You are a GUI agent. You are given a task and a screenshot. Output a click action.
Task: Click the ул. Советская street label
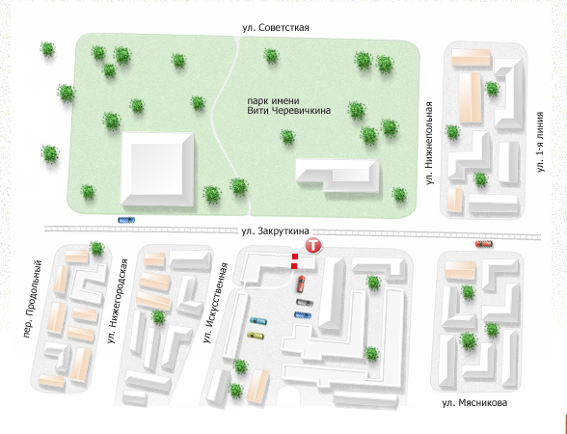pos(276,28)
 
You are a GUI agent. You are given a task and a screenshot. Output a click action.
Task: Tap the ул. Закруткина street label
pos(275,231)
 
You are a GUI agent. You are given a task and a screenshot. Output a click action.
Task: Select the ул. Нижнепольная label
pos(429,143)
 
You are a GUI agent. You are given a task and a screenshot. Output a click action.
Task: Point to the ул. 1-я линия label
pos(540,142)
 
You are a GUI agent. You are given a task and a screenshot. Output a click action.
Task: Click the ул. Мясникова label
pos(474,402)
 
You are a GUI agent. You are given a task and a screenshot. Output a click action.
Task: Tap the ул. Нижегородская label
pos(118,301)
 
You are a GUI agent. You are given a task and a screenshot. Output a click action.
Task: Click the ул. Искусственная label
pos(215,303)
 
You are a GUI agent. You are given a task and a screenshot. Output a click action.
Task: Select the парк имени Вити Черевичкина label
pos(288,105)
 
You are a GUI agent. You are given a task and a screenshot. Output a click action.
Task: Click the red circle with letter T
pos(313,246)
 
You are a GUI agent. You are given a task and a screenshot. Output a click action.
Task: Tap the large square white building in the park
pos(157,169)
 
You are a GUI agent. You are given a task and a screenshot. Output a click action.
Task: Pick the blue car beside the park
pos(126,220)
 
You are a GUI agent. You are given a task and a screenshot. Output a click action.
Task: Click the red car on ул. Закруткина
pos(484,244)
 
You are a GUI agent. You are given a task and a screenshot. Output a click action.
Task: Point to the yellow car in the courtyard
pos(256,336)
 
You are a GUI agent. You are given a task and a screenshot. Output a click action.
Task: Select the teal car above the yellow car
pos(258,321)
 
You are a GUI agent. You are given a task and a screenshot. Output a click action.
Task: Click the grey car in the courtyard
pos(305,303)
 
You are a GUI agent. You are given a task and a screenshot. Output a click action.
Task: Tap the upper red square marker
pos(295,257)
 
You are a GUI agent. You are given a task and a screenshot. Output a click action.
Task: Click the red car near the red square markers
pos(301,284)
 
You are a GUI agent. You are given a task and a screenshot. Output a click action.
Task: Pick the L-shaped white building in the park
pos(337,176)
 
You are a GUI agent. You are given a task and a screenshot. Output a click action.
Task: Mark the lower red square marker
pos(294,266)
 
